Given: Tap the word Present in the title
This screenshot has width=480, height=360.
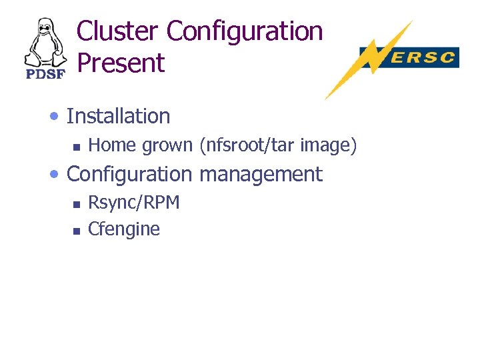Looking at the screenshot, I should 121,63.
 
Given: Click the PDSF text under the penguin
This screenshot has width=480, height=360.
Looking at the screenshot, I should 45,74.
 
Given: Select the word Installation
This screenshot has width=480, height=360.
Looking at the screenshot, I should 119,116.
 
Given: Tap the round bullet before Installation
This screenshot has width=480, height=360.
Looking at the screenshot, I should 55,117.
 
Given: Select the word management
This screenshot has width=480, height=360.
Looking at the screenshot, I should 260,174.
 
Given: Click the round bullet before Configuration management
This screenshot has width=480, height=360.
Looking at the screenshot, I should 55,175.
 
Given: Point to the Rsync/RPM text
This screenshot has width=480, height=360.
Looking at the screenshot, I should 134,202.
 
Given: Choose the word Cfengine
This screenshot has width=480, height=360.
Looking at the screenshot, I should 124,229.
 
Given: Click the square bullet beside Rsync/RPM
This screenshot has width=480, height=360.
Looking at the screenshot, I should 76,203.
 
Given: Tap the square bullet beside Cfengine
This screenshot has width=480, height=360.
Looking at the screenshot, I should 76,230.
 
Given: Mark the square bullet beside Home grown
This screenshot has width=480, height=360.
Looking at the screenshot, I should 76,146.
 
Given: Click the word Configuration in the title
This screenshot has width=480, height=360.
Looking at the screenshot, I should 244,31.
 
